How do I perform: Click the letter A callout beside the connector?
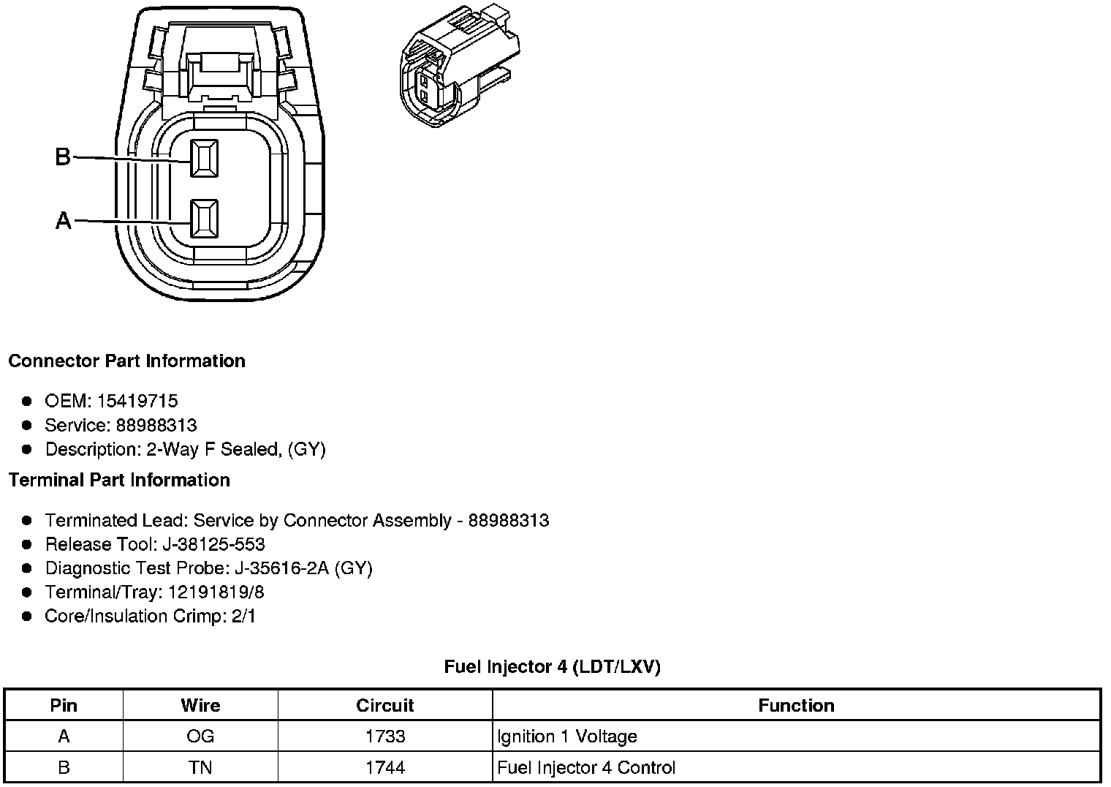click(x=64, y=220)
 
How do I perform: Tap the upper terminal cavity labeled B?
click(x=205, y=158)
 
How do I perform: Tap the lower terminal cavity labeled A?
click(x=205, y=219)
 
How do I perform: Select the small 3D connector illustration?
click(x=460, y=66)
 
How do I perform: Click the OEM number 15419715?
click(x=137, y=401)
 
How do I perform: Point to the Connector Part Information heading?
click(x=127, y=361)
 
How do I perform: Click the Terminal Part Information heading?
click(x=120, y=480)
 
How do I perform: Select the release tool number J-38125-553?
click(x=213, y=544)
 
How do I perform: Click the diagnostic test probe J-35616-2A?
click(x=281, y=568)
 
